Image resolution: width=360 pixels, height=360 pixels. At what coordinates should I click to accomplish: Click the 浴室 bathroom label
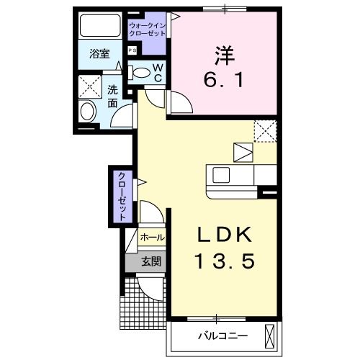tap(99, 53)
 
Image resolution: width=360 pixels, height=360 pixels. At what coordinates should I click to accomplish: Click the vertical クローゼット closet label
tap(122, 196)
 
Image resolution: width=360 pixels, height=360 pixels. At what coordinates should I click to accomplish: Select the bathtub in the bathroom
tap(100, 27)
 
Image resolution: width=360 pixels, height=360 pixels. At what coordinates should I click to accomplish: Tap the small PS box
tap(132, 50)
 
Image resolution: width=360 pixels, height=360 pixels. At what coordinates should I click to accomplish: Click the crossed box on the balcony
tap(271, 335)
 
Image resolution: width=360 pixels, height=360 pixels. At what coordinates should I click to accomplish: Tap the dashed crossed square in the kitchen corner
tap(264, 131)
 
